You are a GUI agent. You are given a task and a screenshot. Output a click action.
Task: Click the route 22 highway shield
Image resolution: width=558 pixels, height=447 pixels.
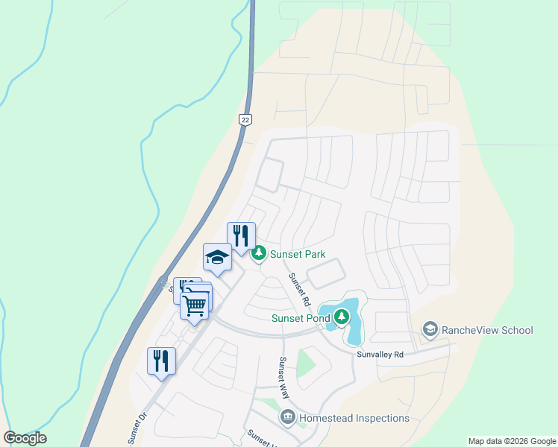(x=245, y=119)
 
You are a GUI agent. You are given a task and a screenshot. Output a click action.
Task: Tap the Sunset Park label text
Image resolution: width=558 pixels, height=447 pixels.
(x=298, y=254)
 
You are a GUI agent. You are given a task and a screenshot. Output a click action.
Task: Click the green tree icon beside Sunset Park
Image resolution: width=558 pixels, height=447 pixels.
(x=259, y=254)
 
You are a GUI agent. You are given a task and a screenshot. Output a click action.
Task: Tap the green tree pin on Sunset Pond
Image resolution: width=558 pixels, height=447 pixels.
(x=342, y=318)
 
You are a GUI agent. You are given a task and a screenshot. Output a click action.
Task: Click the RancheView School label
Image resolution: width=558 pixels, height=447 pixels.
(x=487, y=330)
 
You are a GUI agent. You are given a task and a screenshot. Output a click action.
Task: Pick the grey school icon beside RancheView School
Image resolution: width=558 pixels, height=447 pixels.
(x=430, y=329)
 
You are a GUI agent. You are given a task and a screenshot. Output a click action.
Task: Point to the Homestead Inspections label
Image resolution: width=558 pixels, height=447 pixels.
(x=354, y=418)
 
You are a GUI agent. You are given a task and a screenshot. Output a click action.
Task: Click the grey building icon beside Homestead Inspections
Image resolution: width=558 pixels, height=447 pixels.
(x=288, y=418)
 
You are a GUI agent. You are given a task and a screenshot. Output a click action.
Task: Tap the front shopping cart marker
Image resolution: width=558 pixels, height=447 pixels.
(x=195, y=304)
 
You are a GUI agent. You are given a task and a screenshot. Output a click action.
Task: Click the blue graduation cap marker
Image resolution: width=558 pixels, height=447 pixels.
(x=217, y=257)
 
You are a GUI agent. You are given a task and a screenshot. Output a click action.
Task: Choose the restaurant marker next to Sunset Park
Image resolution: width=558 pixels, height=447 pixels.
(x=241, y=236)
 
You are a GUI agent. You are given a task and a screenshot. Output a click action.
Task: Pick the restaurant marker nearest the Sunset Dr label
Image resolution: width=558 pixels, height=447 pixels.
(x=161, y=361)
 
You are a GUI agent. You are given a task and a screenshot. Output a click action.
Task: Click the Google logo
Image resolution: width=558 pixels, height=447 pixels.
(x=25, y=438)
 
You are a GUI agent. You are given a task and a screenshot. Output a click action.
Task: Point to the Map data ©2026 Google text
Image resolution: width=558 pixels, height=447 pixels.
(x=512, y=441)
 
